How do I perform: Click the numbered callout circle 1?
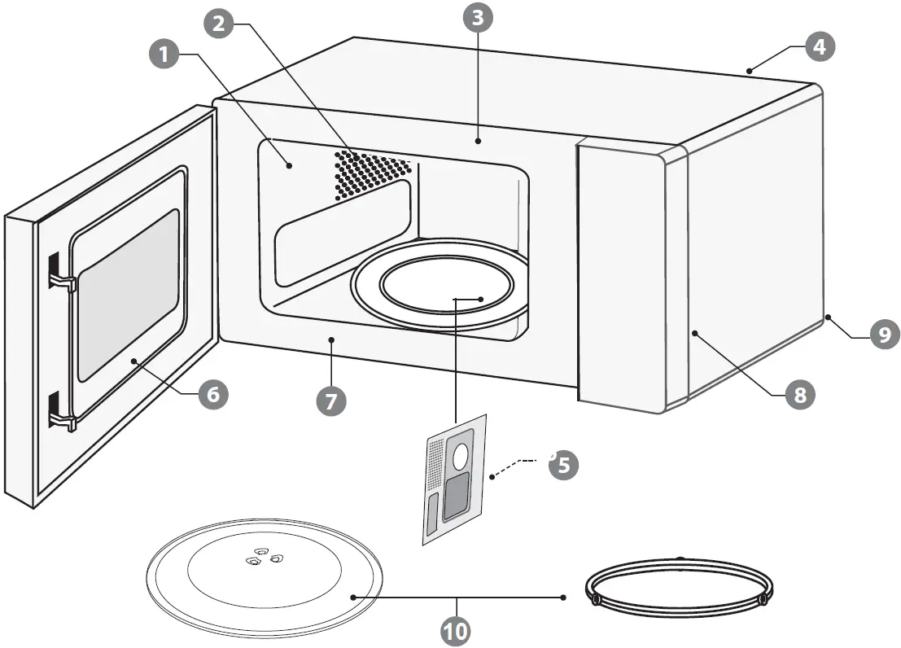click(x=165, y=55)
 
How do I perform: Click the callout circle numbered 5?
click(x=563, y=464)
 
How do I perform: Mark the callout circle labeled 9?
click(x=884, y=334)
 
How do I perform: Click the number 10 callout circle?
click(x=457, y=629)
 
